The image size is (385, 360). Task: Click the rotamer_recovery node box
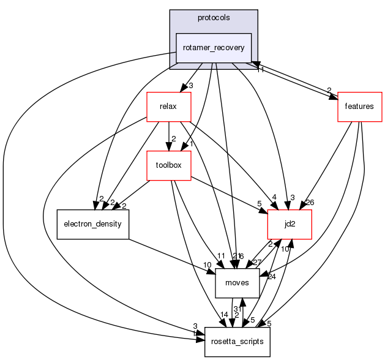pyautogui.click(x=214, y=48)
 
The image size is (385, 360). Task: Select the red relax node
pyautogui.click(x=168, y=107)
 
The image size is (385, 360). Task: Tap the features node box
pyautogui.click(x=360, y=107)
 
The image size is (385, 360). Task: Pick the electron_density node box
pyautogui.click(x=92, y=224)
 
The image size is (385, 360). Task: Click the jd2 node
pyautogui.click(x=290, y=224)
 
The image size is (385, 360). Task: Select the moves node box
pyautogui.click(x=237, y=283)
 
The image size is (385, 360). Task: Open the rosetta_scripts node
pyautogui.click(x=237, y=342)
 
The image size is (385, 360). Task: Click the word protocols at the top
pyautogui.click(x=214, y=17)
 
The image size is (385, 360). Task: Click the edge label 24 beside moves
pyautogui.click(x=272, y=276)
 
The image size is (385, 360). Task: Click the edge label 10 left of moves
pyautogui.click(x=207, y=264)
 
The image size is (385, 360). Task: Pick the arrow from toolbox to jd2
pyautogui.click(x=230, y=195)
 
